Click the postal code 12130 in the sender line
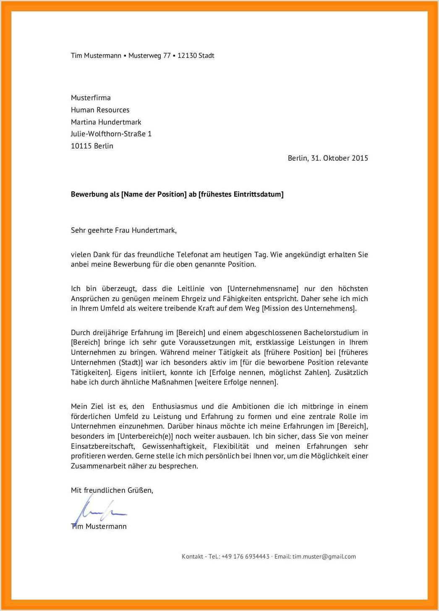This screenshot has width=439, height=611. [x=187, y=55]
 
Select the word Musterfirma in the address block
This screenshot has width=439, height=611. [x=91, y=98]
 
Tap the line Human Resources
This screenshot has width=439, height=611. [x=100, y=110]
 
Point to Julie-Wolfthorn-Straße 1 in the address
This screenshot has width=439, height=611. [x=111, y=134]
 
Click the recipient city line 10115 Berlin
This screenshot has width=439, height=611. [x=92, y=146]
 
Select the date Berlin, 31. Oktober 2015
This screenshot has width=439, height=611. [x=328, y=158]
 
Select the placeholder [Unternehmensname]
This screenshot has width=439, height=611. [x=264, y=289]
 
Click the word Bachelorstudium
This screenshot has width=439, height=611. [x=330, y=333]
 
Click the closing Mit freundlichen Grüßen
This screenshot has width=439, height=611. [x=112, y=490]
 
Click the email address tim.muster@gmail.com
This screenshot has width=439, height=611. [x=324, y=557]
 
